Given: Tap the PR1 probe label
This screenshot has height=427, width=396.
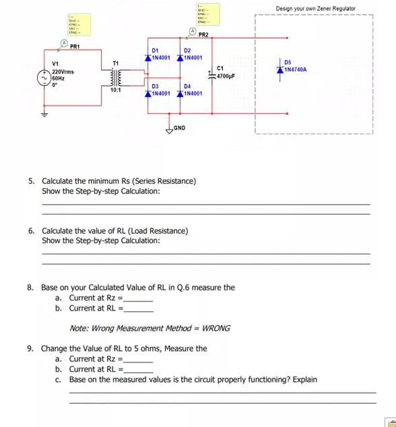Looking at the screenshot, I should [x=74, y=46].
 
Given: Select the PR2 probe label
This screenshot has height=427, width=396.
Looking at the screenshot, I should [x=203, y=34].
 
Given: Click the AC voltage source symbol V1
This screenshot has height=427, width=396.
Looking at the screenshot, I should [x=46, y=77].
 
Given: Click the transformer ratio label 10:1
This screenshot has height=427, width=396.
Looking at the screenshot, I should [x=116, y=90].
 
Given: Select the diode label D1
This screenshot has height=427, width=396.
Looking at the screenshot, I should [x=155, y=51].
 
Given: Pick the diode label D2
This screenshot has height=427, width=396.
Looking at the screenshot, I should [x=188, y=51].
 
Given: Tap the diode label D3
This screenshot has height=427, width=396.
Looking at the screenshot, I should [x=154, y=86].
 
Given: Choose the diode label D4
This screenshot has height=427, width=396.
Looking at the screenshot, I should [x=188, y=86].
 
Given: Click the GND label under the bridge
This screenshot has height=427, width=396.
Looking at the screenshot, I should [x=179, y=127].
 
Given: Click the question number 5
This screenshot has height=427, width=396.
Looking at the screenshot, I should [x=31, y=181].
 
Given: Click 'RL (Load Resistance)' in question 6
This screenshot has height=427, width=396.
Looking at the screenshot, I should [x=155, y=231].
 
